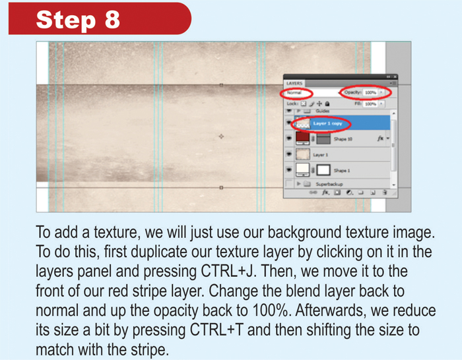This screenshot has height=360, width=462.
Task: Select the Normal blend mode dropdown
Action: pyautogui.click(x=300, y=93)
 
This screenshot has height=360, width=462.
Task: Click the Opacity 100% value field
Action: pyautogui.click(x=370, y=93)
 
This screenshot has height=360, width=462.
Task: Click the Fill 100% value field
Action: pyautogui.click(x=370, y=104)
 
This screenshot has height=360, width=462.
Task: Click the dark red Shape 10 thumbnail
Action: pyautogui.click(x=303, y=138)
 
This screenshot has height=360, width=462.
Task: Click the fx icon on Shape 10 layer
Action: pyautogui.click(x=379, y=138)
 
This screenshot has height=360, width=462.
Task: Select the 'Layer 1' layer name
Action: pyautogui.click(x=321, y=155)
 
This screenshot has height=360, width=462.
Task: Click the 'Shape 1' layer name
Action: pyautogui.click(x=343, y=171)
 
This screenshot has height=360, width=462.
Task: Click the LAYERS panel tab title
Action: pyautogui.click(x=294, y=84)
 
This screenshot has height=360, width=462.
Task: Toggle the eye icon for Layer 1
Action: pyautogui.click(x=289, y=155)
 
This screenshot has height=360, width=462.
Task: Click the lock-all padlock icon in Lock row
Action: pyautogui.click(x=327, y=104)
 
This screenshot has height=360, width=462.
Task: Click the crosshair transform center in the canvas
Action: pyautogui.click(x=221, y=136)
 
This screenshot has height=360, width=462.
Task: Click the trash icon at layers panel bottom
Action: pyautogui.click(x=383, y=193)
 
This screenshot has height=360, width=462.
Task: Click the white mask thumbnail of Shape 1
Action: pyautogui.click(x=323, y=171)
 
